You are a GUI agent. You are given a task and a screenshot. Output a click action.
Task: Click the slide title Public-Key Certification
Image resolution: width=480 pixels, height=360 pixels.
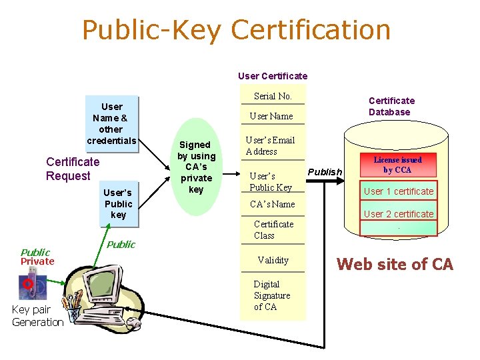tap(236, 30)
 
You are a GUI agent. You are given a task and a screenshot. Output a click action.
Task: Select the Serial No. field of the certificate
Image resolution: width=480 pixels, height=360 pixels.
tap(273, 96)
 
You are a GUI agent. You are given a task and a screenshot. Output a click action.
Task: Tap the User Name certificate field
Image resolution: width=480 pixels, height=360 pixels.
tap(271, 116)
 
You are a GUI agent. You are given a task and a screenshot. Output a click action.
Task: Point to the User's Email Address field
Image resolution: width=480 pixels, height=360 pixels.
tap(270, 146)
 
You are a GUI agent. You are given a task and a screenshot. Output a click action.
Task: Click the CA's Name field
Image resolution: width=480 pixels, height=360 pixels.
tap(271, 204)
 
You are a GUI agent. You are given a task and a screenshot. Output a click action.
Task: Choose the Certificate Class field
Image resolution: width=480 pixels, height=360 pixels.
tap(273, 230)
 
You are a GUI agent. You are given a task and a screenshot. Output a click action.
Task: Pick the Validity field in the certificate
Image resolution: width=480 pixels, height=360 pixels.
tap(273, 260)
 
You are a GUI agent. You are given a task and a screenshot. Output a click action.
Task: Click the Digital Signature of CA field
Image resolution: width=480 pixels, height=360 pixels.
tap(271, 295)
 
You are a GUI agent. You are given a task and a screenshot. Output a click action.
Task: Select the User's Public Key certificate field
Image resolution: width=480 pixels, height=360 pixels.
tap(271, 181)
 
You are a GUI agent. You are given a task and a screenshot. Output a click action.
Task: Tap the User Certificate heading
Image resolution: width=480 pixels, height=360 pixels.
tap(273, 76)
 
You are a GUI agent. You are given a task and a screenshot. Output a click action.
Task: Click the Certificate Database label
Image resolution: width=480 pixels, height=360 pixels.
tap(391, 106)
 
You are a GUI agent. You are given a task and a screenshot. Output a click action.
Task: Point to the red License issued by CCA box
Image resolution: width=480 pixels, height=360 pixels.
tap(397, 165)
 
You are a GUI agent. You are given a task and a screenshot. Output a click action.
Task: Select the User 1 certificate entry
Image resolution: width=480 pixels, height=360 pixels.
tap(398, 191)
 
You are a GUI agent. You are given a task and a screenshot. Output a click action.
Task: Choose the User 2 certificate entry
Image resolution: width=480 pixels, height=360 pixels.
tap(398, 214)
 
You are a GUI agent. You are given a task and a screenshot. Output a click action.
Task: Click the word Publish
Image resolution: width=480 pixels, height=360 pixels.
tap(325, 172)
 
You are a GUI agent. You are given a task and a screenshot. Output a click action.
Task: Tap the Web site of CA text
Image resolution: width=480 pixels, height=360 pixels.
tap(395, 264)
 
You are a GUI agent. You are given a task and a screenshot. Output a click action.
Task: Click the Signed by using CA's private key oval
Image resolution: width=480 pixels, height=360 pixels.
tap(195, 167)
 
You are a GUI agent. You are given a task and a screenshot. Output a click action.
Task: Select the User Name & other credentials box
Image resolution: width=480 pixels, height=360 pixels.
tap(111, 123)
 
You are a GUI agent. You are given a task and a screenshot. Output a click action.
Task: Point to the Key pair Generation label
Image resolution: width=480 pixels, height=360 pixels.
tap(37, 317)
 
